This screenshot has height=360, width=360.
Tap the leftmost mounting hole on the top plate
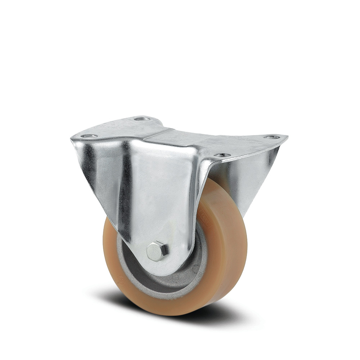click(89, 136)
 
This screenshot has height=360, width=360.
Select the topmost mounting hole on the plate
click(142, 118)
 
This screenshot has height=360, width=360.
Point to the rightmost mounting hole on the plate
click(272, 137)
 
